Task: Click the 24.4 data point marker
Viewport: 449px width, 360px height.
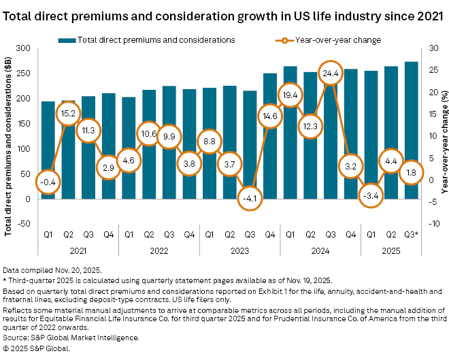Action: click(330, 73)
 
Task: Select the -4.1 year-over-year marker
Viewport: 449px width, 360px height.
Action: click(250, 198)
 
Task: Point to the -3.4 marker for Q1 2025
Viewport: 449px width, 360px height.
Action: click(371, 195)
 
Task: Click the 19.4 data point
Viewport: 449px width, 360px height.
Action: click(290, 95)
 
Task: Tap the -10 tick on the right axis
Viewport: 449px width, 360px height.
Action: click(427, 224)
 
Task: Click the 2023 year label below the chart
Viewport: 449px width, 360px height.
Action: click(229, 251)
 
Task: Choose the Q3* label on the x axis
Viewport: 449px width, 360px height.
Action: click(412, 235)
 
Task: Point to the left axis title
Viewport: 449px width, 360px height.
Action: click(9, 136)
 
